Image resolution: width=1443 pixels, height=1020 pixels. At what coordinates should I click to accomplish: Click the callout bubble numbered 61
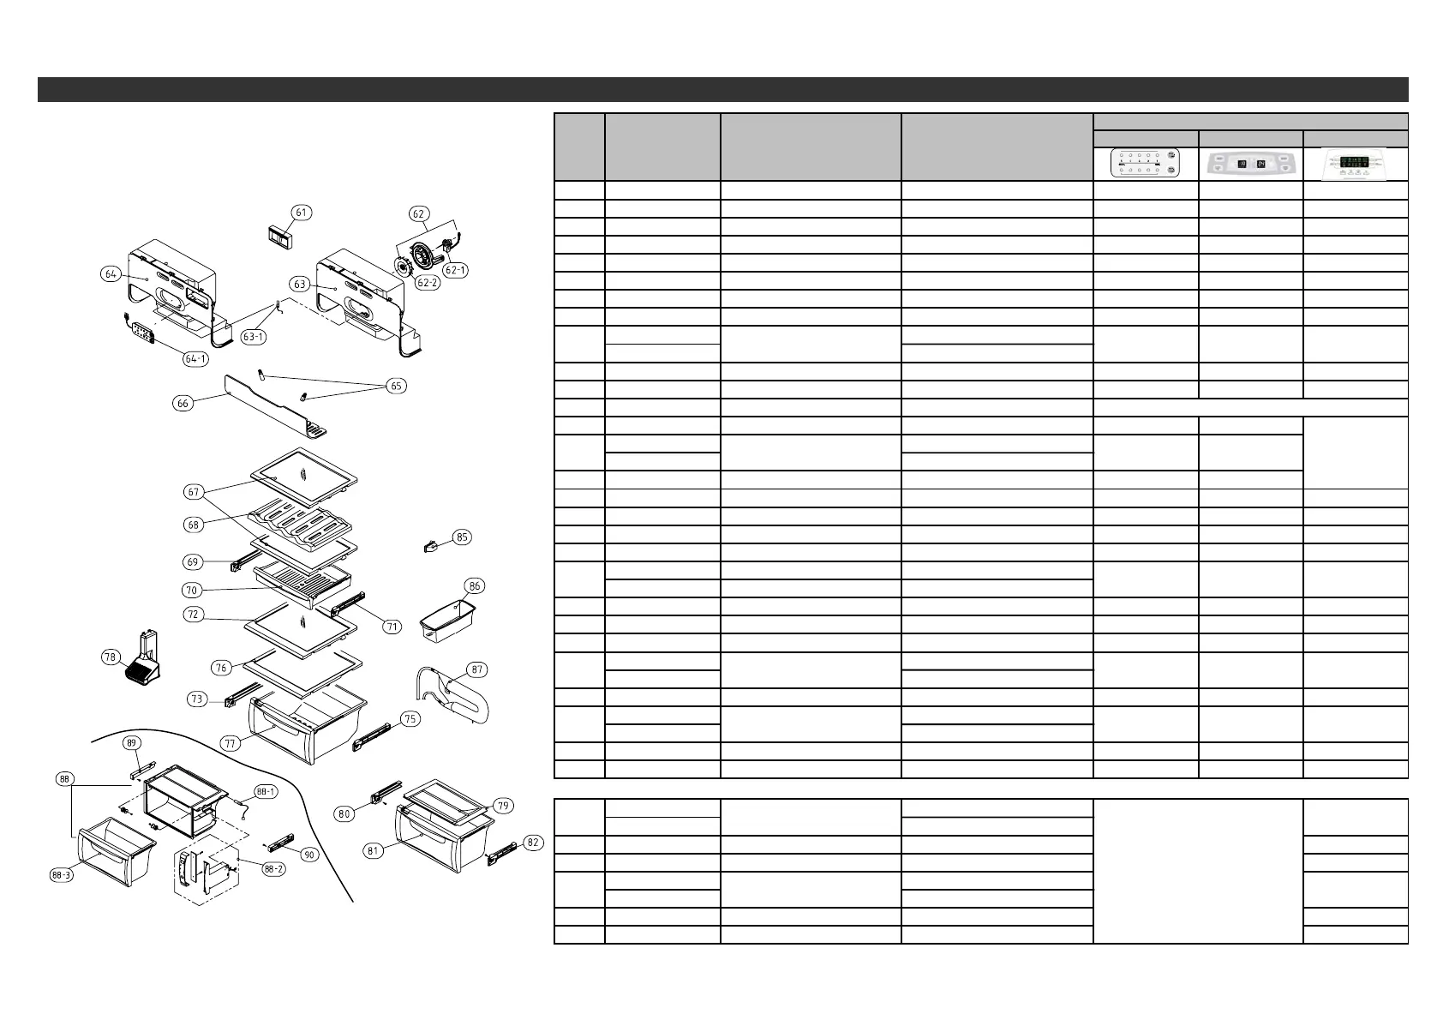[x=301, y=213]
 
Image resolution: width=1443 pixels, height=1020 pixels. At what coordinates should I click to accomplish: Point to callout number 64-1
[x=195, y=358]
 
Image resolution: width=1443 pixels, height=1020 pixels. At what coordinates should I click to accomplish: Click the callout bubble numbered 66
[x=183, y=403]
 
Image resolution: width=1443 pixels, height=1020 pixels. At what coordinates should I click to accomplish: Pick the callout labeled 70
[x=192, y=590]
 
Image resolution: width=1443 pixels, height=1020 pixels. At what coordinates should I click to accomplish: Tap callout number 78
[x=110, y=657]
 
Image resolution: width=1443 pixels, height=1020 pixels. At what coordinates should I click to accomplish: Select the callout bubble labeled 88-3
[x=61, y=876]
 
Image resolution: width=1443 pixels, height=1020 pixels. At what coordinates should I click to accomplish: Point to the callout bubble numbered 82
[x=533, y=843]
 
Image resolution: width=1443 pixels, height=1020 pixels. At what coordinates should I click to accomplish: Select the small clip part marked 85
[x=433, y=544]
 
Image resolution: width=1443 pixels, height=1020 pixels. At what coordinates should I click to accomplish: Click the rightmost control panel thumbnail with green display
[x=1356, y=163]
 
